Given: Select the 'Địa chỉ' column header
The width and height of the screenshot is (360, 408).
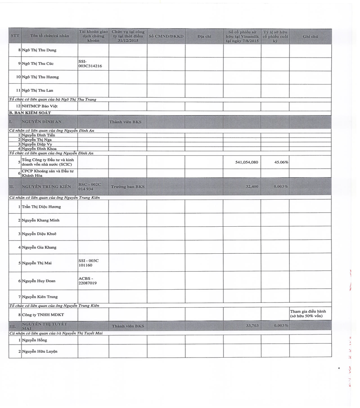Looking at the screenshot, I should tap(204, 36).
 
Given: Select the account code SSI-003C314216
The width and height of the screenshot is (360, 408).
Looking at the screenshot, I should tap(90, 63).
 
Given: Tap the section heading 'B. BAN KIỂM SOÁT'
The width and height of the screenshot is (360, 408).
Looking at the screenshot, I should tap(30, 112).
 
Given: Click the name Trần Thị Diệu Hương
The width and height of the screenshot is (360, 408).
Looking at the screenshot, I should tap(41, 206).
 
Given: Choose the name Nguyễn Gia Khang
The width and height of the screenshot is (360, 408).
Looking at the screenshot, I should tap(39, 247).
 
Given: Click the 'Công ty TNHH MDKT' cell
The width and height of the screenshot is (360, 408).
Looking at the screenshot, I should tap(42, 314).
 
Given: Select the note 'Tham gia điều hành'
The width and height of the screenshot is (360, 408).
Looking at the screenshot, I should tap(308, 311).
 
